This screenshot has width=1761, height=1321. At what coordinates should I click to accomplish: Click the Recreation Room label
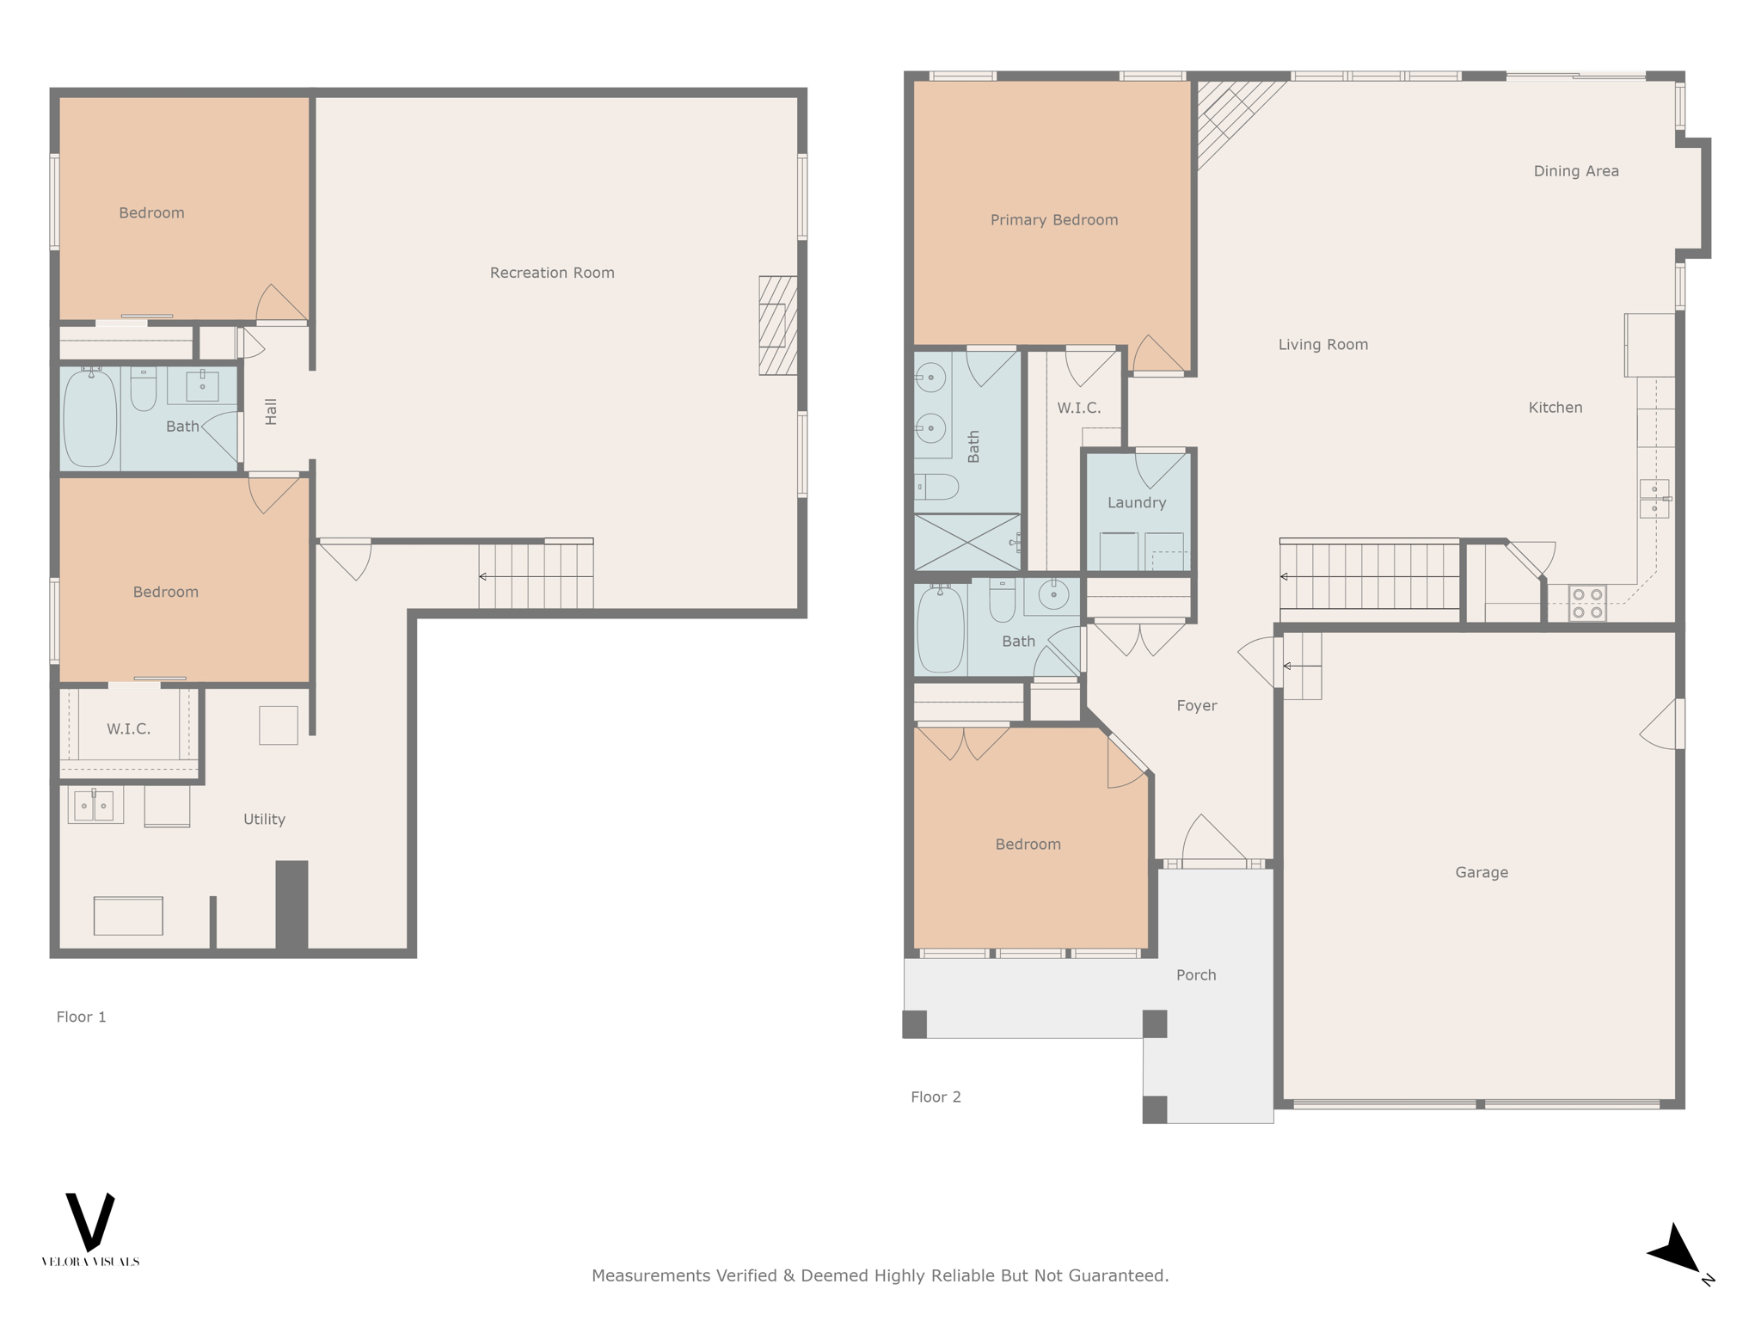tap(552, 273)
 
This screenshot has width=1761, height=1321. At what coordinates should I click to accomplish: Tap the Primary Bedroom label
tap(1054, 220)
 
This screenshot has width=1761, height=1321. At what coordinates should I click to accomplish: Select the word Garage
tap(1482, 872)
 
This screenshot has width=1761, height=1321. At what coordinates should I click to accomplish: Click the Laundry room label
tap(1137, 502)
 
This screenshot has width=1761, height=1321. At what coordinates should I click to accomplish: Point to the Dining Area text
tap(1576, 171)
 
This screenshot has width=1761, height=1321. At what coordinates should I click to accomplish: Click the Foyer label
tap(1197, 705)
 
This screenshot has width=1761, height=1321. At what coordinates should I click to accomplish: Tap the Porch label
tap(1196, 974)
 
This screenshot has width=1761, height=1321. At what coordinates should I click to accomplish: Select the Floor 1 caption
tap(81, 1017)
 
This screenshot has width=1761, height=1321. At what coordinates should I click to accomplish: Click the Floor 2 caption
tap(936, 1097)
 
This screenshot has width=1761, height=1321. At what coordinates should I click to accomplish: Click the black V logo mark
tap(90, 1220)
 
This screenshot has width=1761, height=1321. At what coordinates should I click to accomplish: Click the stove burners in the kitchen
tap(1587, 603)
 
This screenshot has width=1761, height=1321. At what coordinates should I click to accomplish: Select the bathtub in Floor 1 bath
tap(90, 419)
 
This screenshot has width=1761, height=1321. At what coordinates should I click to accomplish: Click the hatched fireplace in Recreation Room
tap(777, 325)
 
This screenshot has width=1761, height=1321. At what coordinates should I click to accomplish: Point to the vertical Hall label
tap(271, 411)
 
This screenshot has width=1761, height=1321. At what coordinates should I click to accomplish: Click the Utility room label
tap(264, 819)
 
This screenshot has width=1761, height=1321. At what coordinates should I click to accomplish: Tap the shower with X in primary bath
tap(967, 542)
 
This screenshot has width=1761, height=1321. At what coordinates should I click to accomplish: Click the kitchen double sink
tap(1654, 499)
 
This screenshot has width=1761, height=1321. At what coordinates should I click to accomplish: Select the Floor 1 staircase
tap(536, 574)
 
